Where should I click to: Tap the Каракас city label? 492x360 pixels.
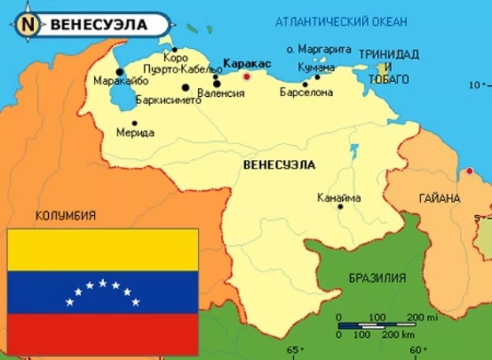coord(247,62)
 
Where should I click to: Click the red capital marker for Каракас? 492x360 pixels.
coord(246,76)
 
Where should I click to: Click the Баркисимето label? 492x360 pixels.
coord(168,100)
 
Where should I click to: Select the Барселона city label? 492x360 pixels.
coord(306,93)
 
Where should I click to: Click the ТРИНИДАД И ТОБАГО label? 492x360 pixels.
coord(384,67)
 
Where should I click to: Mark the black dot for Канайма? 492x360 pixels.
coord(341,206)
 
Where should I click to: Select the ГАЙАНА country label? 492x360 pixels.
coord(439,199)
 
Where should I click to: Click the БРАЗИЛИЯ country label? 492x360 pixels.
coord(378,277)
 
